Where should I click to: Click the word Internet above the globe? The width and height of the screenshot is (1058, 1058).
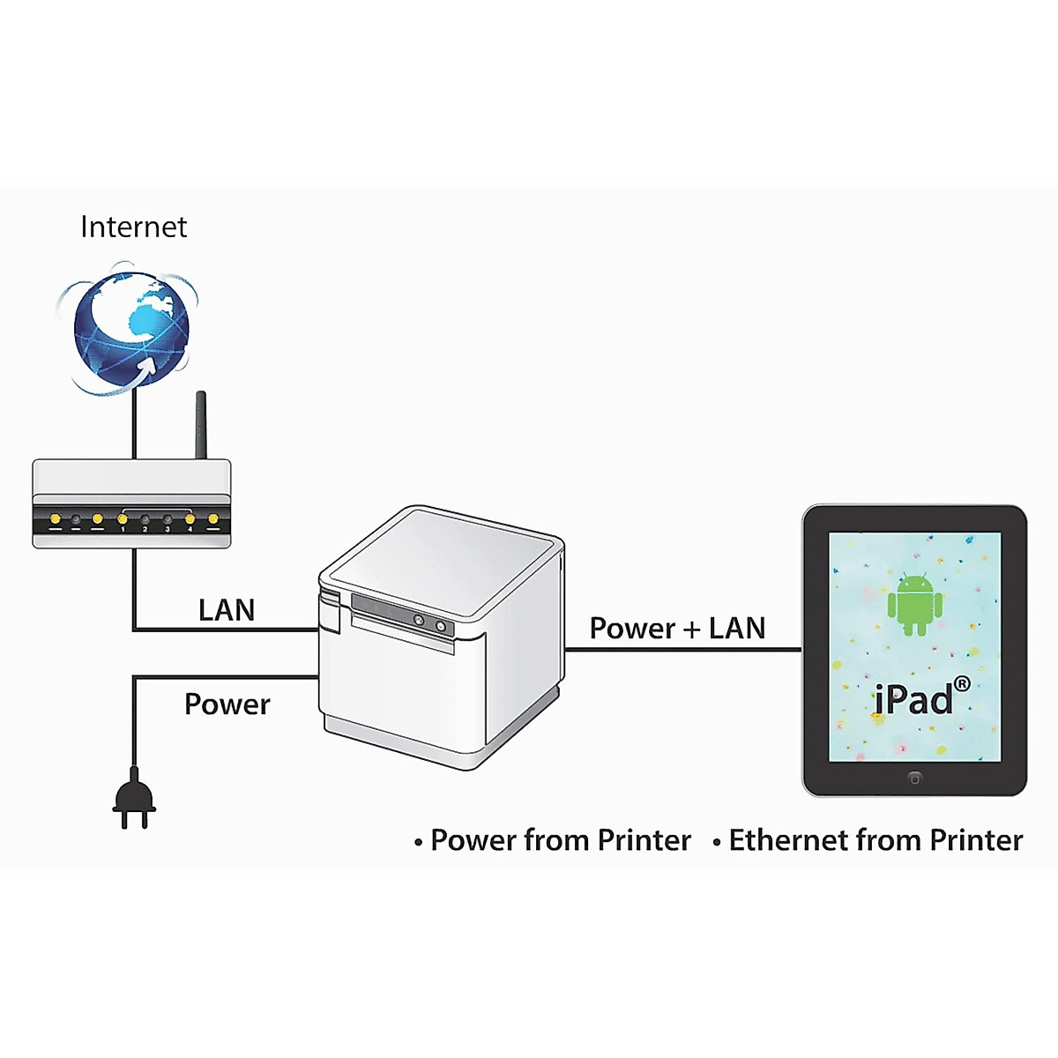point(133,227)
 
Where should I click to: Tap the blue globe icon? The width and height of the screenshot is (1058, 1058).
point(131,328)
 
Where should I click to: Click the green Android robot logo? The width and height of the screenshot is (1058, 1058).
point(914,604)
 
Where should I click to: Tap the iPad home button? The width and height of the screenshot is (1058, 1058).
point(914,779)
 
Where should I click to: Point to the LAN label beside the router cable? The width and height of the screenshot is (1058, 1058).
point(227,610)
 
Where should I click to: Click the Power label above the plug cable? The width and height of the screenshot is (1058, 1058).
point(227,704)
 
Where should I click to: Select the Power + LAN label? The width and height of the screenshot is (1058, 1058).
point(677,629)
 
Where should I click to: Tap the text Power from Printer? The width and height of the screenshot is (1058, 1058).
point(561,840)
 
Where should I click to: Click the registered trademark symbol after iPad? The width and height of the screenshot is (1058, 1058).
point(962,684)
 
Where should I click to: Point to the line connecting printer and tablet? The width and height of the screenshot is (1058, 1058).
point(683,650)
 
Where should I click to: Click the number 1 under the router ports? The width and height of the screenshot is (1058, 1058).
point(123,530)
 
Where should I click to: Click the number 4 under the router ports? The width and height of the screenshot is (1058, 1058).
point(190,530)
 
